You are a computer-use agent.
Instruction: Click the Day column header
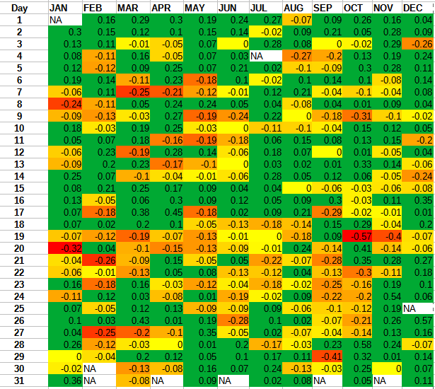click(x=20, y=8)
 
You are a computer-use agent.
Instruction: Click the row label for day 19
click(x=20, y=236)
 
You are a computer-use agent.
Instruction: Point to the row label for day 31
click(x=20, y=381)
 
